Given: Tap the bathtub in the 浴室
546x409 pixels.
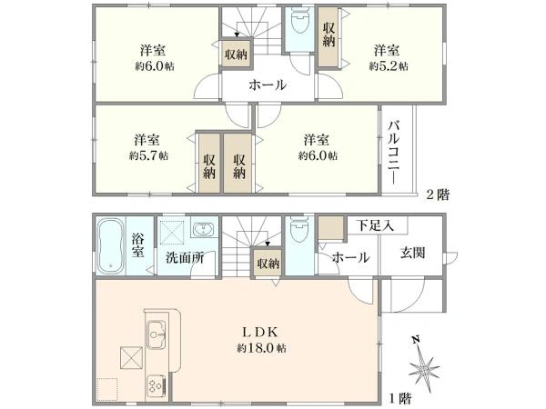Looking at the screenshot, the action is coord(111,245).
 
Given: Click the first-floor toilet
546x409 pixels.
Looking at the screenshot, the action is coord(300,230).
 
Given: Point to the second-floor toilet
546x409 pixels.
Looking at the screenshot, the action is coord(300,21).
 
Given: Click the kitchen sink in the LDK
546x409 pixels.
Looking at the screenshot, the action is coord(157,334).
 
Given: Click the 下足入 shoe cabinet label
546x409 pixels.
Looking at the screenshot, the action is coord(375,225).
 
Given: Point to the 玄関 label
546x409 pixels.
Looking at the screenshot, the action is coord(413,253).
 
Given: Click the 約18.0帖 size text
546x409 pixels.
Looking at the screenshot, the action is coord(262,348).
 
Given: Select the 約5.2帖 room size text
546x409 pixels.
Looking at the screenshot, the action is coord(389,65).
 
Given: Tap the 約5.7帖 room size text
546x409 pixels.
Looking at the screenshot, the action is coord(148,155).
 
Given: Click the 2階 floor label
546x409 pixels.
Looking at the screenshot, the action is coord(439,195).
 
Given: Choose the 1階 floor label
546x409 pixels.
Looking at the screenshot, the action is coord(400,398).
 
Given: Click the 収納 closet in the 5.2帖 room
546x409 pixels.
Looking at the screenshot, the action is coord(328,36).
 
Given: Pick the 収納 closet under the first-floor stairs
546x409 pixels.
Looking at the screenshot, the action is coord(268,263).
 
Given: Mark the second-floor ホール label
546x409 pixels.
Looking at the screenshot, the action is coord(268,85).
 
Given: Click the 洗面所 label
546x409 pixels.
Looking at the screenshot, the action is coord(185,258).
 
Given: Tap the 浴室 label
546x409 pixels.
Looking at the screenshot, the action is coord(138,244).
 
